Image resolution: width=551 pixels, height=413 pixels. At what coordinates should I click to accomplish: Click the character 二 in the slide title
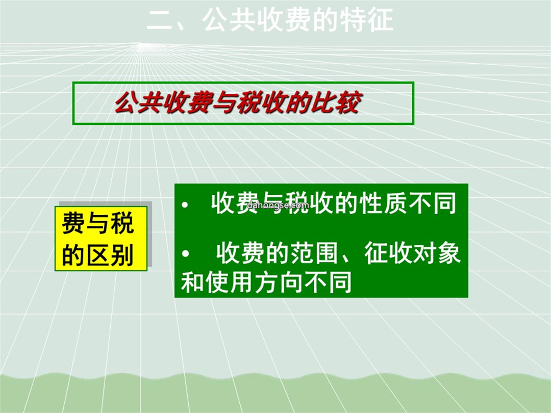point(159,20)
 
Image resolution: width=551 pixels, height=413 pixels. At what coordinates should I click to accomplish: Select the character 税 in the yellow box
point(122,223)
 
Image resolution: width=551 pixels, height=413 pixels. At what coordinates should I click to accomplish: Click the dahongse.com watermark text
point(278,205)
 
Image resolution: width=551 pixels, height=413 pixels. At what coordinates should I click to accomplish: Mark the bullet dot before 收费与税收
point(185,205)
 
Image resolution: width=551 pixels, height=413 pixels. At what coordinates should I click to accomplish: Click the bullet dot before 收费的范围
point(185,253)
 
